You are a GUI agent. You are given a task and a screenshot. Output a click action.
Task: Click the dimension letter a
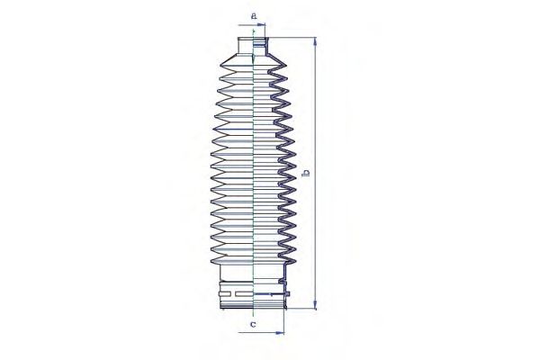(x=254, y=16)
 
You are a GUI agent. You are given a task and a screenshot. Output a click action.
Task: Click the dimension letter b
(x=305, y=173)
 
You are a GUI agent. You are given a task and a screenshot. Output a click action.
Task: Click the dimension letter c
(x=253, y=324)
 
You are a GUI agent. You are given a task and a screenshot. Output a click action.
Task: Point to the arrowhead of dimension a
(x=263, y=25)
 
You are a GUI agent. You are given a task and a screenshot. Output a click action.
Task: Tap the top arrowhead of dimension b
(x=315, y=41)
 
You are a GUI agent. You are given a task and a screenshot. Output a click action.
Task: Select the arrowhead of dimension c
(x=281, y=333)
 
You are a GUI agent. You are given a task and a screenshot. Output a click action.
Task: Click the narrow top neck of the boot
(x=253, y=46)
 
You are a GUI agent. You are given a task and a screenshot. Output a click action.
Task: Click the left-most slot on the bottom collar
(x=224, y=294)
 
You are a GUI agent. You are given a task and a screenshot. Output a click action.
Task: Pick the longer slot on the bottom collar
(x=243, y=294)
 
